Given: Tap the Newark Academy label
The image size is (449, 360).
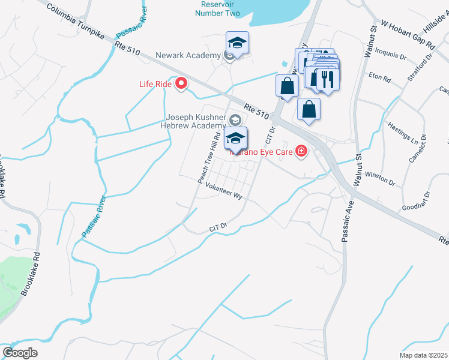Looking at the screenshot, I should click(189, 56).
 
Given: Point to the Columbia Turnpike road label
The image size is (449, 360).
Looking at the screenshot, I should click(74, 21).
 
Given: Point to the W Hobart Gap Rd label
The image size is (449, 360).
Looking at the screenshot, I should click(408, 35).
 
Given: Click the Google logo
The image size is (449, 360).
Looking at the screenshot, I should click(20, 352).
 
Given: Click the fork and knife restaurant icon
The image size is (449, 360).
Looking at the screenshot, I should click(327, 79).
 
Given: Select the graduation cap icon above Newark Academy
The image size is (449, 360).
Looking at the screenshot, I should click(237, 43).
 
